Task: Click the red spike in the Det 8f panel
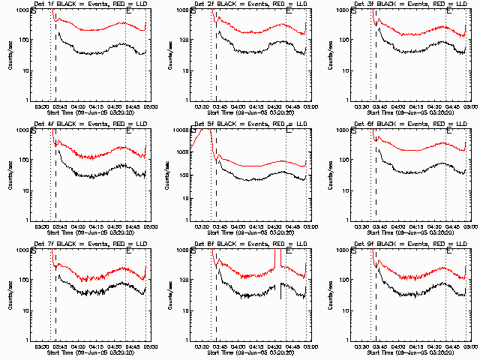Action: coord(279,259)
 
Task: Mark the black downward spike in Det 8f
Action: coord(281,291)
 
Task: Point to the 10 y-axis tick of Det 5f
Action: coord(187,190)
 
